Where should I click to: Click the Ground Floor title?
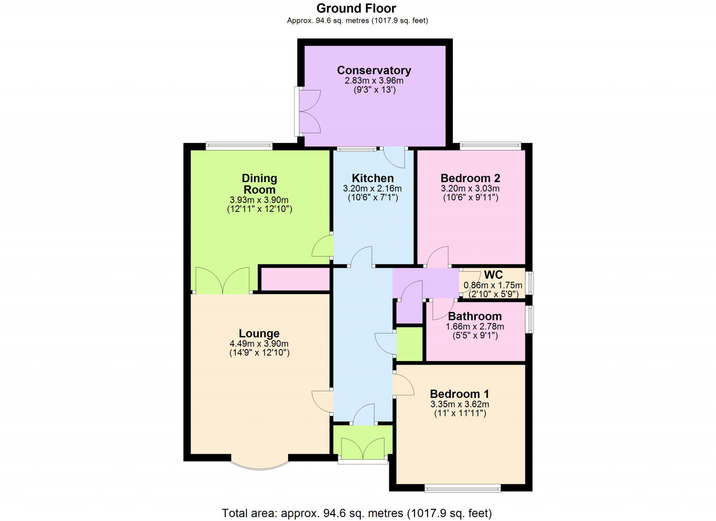pyautogui.click(x=356, y=8)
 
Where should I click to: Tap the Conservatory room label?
pyautogui.click(x=374, y=70)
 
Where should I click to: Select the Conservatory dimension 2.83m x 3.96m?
pyautogui.click(x=374, y=81)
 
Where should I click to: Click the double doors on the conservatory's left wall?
pyautogui.click(x=308, y=111)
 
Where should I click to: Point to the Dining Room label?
pyautogui.click(x=259, y=184)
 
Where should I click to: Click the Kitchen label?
pyautogui.click(x=372, y=178)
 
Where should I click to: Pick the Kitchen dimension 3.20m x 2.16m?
pyautogui.click(x=372, y=188)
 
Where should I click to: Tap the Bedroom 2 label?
pyautogui.click(x=470, y=178)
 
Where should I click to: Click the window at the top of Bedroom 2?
pyautogui.click(x=490, y=145)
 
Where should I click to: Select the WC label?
pyautogui.click(x=493, y=274)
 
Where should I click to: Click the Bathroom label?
pyautogui.click(x=475, y=316)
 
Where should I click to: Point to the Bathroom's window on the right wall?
pyautogui.click(x=529, y=319)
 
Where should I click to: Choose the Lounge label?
pyautogui.click(x=259, y=333)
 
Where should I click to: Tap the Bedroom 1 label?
pyautogui.click(x=459, y=394)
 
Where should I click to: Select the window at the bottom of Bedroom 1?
pyautogui.click(x=462, y=488)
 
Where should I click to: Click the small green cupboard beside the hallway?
pyautogui.click(x=409, y=344)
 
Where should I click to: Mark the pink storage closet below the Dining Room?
pyautogui.click(x=295, y=279)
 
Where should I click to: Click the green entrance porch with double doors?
pyautogui.click(x=362, y=441)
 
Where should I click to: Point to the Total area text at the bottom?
pyautogui.click(x=357, y=513)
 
